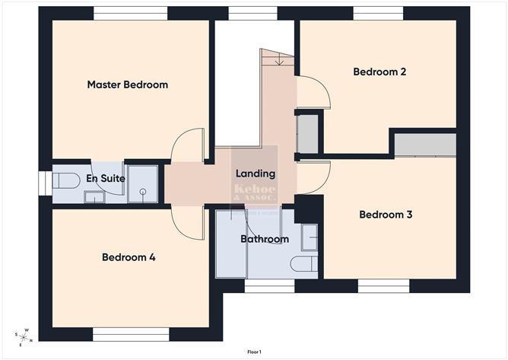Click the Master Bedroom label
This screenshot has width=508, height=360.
click(x=127, y=84)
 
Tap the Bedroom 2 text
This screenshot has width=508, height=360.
click(x=379, y=72)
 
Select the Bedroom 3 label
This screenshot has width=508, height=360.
click(x=386, y=215)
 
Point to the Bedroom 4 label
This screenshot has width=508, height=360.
click(x=129, y=257)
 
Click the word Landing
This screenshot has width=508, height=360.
click(x=255, y=174)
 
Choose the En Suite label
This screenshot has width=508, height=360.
click(x=105, y=178)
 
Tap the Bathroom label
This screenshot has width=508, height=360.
click(x=265, y=239)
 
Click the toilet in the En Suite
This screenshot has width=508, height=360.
click(x=66, y=181)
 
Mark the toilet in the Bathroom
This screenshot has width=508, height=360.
click(x=304, y=263)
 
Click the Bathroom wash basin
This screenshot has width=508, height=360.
click(x=309, y=237)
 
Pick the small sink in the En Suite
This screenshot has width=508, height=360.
click(x=94, y=197)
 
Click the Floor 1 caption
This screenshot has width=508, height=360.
click(x=254, y=352)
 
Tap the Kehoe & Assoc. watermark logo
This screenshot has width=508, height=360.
click(x=255, y=191)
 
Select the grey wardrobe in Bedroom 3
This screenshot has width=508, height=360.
click(x=425, y=144)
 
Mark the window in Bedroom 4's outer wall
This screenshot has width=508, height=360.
click(x=131, y=333)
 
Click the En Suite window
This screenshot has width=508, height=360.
click(x=43, y=183)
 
